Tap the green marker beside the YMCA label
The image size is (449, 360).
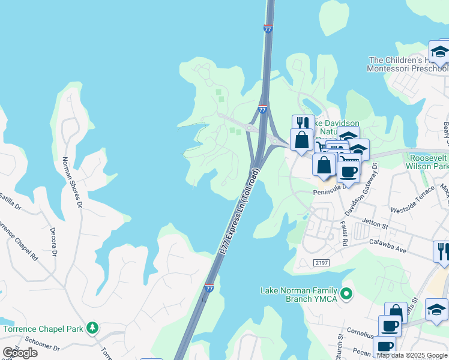pos(346,294)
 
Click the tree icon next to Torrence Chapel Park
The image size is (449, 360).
pos(92,328)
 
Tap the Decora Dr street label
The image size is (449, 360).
pos(53,241)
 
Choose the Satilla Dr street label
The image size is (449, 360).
pos(10,199)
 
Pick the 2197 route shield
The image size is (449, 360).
pos(322,262)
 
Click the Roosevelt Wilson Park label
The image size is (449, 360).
pos(427,161)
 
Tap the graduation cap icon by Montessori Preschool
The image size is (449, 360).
pos(439,52)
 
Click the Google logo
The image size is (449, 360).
pos(20,353)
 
